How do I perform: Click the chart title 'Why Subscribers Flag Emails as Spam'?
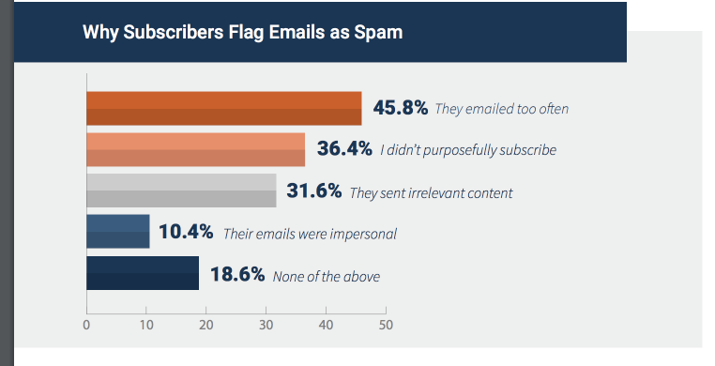click(242, 33)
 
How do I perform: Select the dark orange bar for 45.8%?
click(223, 108)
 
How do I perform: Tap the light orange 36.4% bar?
click(195, 149)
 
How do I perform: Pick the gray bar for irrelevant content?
click(181, 191)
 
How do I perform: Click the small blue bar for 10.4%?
click(117, 232)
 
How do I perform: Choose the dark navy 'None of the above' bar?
click(142, 273)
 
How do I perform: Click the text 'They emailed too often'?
click(501, 109)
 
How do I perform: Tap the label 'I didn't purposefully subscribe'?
click(468, 150)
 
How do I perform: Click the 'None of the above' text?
click(327, 276)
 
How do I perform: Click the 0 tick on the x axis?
click(86, 326)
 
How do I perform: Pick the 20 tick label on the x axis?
click(205, 326)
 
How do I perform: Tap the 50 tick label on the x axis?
click(385, 326)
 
